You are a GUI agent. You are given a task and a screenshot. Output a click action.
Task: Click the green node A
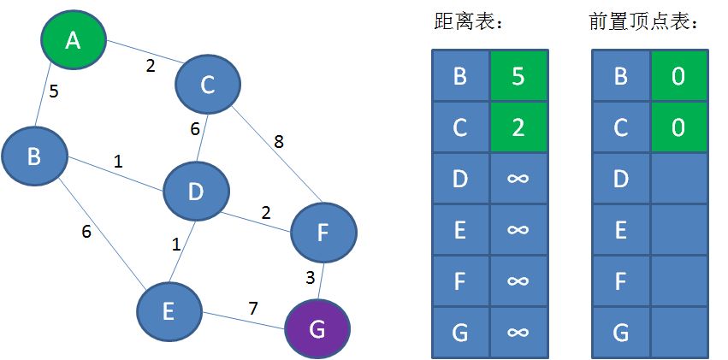click(x=74, y=38)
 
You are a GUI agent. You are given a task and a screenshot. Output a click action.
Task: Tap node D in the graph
click(x=196, y=192)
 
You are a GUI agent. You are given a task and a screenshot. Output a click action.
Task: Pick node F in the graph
click(x=323, y=231)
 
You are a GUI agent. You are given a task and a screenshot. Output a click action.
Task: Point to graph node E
click(x=169, y=311)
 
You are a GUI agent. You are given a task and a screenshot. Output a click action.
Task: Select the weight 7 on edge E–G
click(x=253, y=307)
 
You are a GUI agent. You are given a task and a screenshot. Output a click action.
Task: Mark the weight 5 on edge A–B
click(x=53, y=91)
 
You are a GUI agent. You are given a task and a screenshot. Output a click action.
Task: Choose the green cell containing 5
click(x=518, y=76)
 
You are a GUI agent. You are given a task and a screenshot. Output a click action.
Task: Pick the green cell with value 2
click(x=518, y=127)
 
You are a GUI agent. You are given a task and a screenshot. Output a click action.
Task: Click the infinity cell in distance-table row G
click(x=518, y=331)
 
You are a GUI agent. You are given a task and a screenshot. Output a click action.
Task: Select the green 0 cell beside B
click(x=678, y=76)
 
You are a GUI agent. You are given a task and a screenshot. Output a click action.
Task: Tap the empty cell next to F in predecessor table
click(x=678, y=280)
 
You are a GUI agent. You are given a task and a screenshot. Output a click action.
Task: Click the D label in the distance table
click(x=460, y=178)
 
